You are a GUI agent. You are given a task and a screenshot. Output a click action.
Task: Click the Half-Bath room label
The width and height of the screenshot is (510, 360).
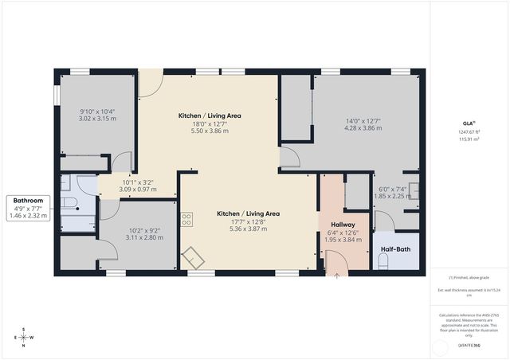coord(395,248)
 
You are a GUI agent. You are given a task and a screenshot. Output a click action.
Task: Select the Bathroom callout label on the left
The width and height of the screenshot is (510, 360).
coord(28,202)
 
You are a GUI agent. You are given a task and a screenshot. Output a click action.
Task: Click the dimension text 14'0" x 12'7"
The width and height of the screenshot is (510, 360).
coord(363,121)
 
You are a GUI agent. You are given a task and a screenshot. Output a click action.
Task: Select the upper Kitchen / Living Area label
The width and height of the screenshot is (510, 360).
coord(209,115)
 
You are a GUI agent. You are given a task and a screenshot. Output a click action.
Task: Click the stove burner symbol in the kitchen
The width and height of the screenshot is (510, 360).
coord(186,218)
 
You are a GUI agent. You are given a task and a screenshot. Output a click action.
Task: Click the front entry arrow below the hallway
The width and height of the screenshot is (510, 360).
coord(336,276)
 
